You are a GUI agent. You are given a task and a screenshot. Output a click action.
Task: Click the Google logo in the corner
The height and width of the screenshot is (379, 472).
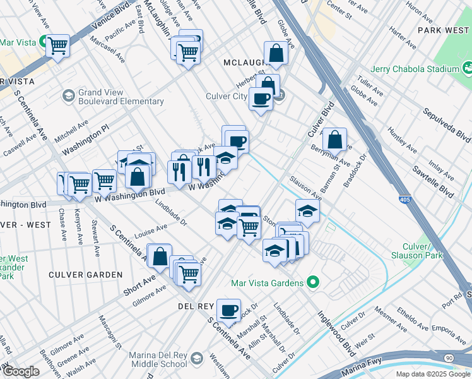point(21,371)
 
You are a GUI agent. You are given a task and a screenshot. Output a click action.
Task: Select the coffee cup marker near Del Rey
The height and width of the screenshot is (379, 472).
point(228,310)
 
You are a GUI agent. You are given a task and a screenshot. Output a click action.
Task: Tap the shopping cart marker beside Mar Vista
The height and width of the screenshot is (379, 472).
point(58,44)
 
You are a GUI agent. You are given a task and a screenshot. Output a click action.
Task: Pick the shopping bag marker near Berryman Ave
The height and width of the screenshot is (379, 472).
point(334,138)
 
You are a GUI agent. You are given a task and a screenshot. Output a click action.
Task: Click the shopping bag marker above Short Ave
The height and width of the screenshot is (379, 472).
point(160,256)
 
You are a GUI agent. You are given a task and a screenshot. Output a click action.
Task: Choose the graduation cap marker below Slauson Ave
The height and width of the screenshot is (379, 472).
point(307,210)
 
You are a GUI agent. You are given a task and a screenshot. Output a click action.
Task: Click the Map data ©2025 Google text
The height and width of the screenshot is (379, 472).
point(432,374)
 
